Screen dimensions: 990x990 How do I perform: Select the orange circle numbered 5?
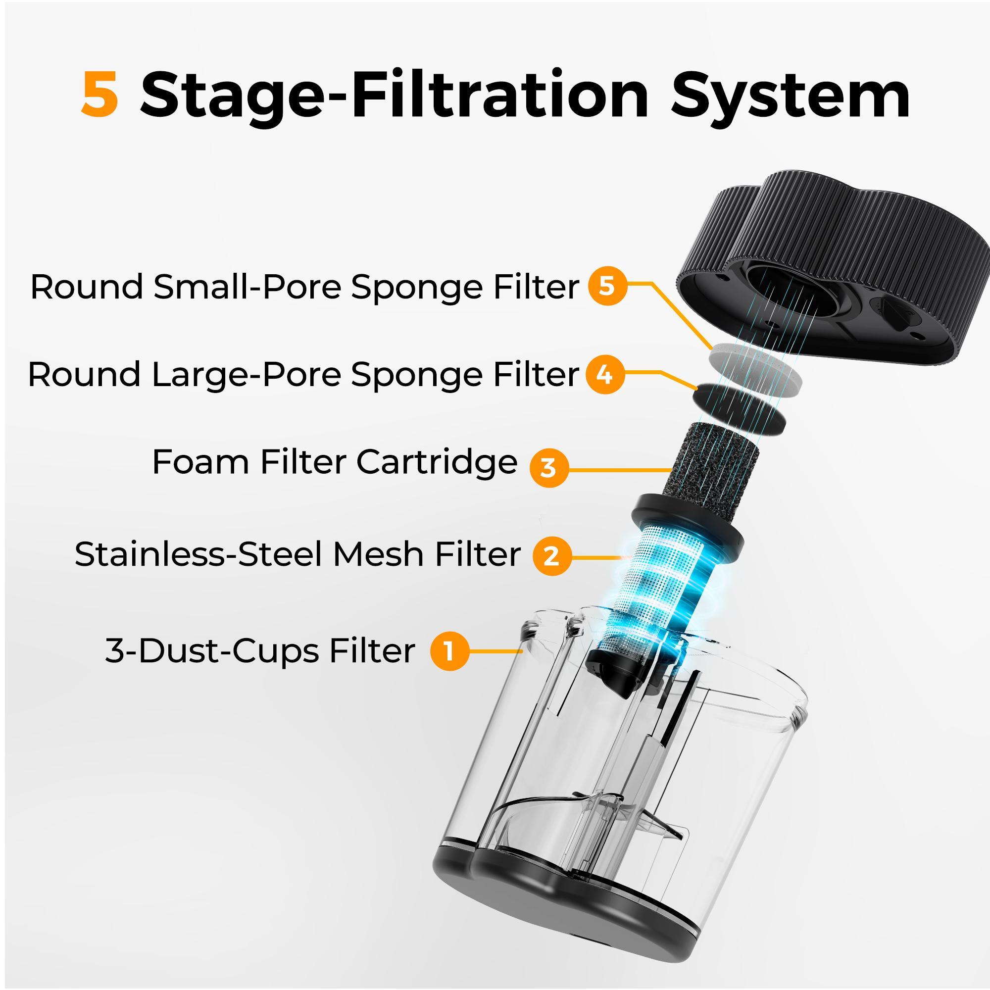[607, 287]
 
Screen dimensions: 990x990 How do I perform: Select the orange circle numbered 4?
[605, 375]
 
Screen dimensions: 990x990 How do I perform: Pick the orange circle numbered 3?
[549, 467]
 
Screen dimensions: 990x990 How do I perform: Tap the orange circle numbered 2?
[551, 555]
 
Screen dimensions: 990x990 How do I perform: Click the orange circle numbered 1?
[449, 651]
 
